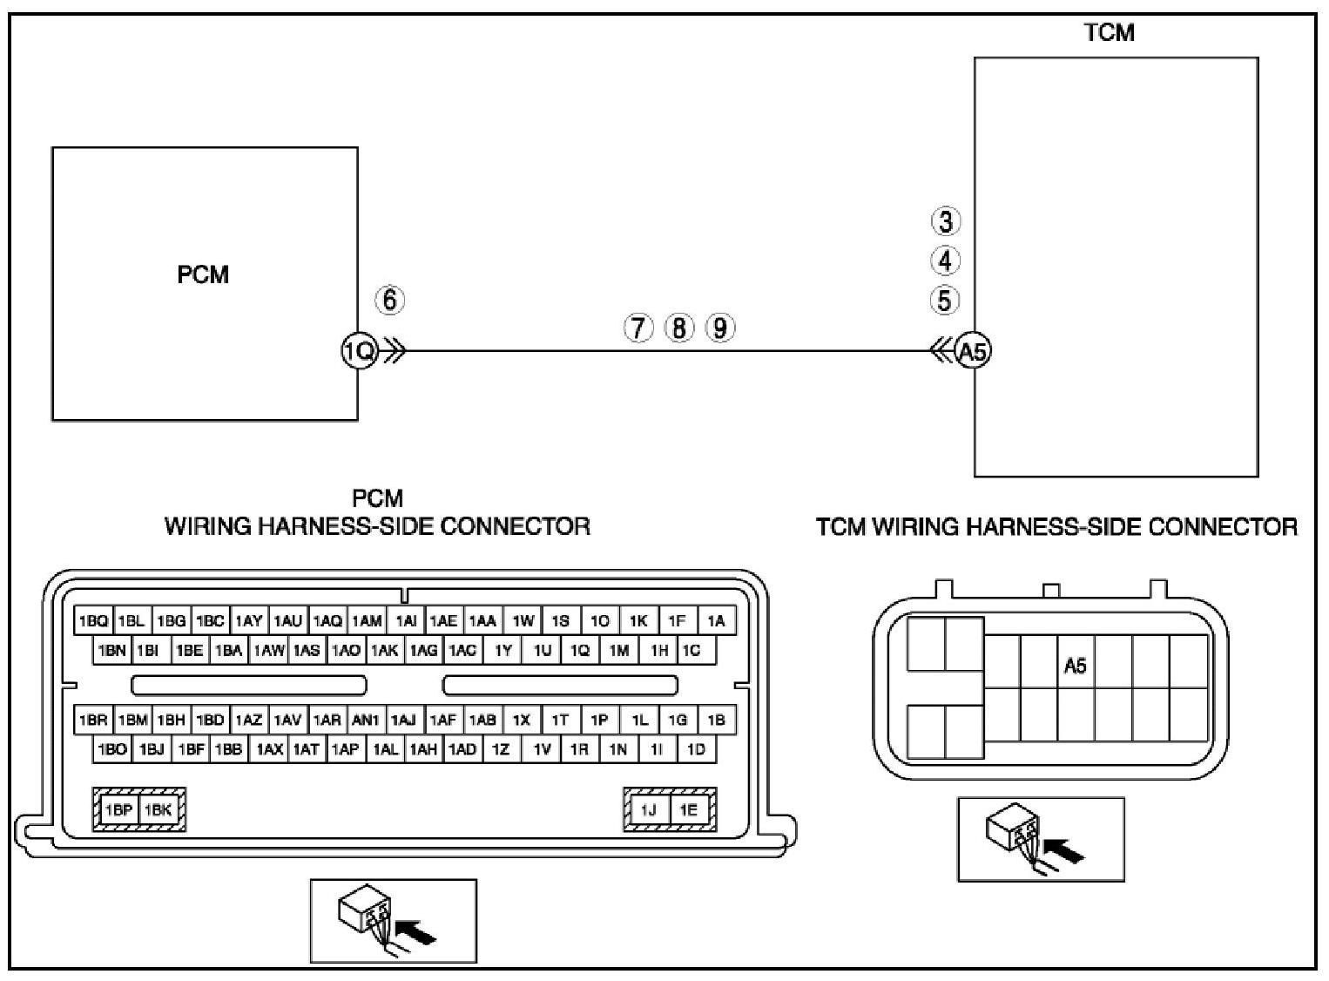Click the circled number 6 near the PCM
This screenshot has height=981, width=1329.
click(x=389, y=300)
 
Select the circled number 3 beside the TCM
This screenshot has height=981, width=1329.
click(x=946, y=221)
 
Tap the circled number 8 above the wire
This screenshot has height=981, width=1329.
click(x=679, y=328)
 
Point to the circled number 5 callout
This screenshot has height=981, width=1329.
click(x=945, y=300)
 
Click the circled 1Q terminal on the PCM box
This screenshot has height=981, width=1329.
click(x=358, y=351)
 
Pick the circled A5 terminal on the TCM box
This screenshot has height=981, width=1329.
click(x=973, y=351)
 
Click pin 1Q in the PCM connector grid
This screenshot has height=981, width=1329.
click(x=579, y=650)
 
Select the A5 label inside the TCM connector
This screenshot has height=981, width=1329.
click(x=1076, y=666)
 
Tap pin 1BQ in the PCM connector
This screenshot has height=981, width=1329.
click(x=93, y=621)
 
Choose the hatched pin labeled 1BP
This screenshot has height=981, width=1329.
click(x=118, y=809)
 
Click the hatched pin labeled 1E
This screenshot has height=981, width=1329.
click(x=689, y=809)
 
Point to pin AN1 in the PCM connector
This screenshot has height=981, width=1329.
click(x=366, y=721)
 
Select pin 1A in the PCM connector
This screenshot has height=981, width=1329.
click(x=716, y=621)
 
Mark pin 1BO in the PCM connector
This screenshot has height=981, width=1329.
click(x=112, y=749)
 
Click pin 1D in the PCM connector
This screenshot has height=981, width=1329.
click(x=696, y=749)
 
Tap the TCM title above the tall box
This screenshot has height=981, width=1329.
click(x=1109, y=33)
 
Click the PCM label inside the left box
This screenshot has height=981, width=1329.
click(x=203, y=274)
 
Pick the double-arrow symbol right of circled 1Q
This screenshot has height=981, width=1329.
click(x=394, y=352)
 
